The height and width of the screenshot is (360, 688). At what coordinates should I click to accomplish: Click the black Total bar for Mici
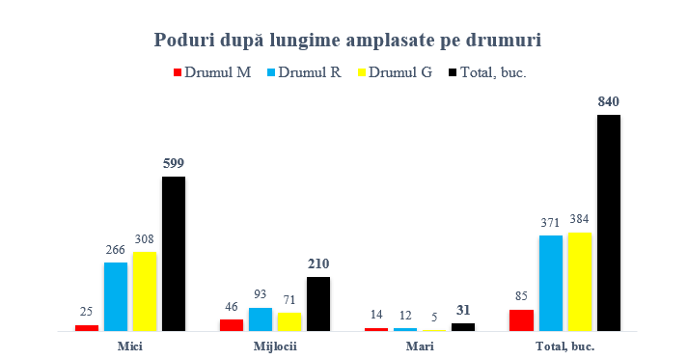pyautogui.click(x=174, y=254)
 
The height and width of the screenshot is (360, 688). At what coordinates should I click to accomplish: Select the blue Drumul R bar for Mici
pyautogui.click(x=116, y=296)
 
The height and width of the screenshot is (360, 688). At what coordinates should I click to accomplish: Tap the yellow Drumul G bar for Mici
pyautogui.click(x=145, y=291)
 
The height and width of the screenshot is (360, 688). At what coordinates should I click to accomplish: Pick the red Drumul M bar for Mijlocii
pyautogui.click(x=232, y=325)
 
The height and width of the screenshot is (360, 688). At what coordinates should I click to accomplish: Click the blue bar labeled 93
pyautogui.click(x=261, y=319)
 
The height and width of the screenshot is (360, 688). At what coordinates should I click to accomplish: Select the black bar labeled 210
pyautogui.click(x=318, y=304)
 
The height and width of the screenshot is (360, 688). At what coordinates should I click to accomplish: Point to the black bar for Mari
pyautogui.click(x=463, y=327)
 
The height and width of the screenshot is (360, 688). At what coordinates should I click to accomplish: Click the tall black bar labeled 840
pyautogui.click(x=609, y=223)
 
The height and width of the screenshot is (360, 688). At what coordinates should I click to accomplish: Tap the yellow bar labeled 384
pyautogui.click(x=580, y=282)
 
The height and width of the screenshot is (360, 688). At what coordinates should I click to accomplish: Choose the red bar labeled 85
pyautogui.click(x=522, y=320)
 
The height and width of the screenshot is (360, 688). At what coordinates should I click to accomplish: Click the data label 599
pyautogui.click(x=174, y=163)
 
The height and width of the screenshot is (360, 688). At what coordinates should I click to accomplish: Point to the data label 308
pyautogui.click(x=145, y=238)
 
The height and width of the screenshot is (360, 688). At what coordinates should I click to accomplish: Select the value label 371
pyautogui.click(x=550, y=223)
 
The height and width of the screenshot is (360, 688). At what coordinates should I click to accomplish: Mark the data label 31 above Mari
pyautogui.click(x=463, y=311)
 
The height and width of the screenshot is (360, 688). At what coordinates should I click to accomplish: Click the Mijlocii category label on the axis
pyautogui.click(x=275, y=346)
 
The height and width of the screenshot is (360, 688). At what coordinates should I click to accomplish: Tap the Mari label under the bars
pyautogui.click(x=420, y=346)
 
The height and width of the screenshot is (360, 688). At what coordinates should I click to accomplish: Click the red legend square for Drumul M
pyautogui.click(x=178, y=72)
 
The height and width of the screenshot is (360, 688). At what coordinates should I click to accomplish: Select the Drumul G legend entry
pyautogui.click(x=396, y=72)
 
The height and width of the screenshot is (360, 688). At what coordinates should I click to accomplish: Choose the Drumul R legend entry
pyautogui.click(x=304, y=72)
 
